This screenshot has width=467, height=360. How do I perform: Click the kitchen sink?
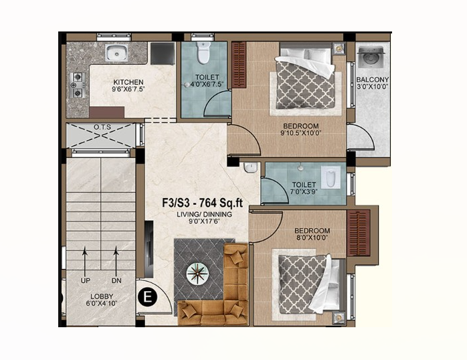click(116, 54)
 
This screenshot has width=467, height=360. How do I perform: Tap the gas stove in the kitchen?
click(78, 85)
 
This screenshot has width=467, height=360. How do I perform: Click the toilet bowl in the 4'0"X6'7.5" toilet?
click(203, 53)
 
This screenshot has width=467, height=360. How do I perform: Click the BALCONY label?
click(373, 80)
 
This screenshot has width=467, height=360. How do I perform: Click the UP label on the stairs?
click(86, 281)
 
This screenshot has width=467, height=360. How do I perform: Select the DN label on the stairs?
click(116, 281)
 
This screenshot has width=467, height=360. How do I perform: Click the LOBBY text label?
click(102, 296)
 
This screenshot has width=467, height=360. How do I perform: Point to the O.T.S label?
click(102, 127)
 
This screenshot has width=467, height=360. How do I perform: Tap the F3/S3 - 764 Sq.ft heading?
click(202, 203)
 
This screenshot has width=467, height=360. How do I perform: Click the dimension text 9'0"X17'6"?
click(204, 221)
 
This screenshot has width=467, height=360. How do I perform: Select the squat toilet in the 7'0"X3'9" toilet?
click(331, 178)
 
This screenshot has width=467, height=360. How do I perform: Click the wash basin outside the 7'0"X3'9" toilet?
click(250, 168)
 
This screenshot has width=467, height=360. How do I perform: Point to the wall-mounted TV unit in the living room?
click(149, 249)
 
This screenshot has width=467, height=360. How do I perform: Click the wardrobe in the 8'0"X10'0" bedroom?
click(359, 233)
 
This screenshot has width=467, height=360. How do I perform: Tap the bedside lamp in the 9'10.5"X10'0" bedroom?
click(339, 48)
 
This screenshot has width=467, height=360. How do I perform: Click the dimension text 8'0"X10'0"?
click(312, 238)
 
